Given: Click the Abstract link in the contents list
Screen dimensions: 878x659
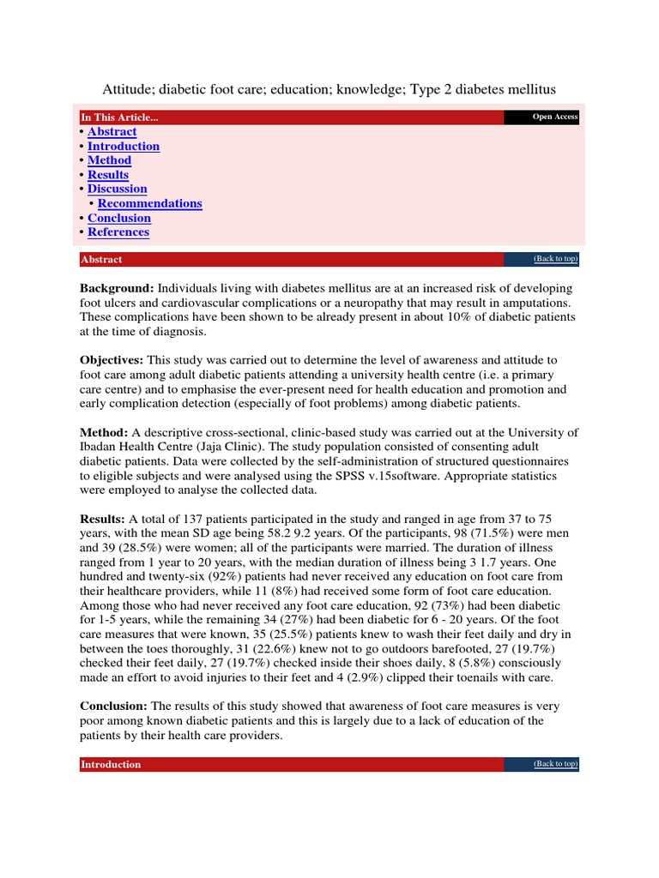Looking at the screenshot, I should tap(112, 132).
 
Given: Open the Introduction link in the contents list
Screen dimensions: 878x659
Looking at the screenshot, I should tap(124, 147).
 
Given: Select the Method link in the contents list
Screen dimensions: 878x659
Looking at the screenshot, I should tap(109, 160).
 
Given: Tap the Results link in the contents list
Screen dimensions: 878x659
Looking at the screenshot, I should tap(108, 175).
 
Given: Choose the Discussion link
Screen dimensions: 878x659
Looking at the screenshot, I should tap(117, 189).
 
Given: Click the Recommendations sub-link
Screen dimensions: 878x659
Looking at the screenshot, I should tap(149, 203).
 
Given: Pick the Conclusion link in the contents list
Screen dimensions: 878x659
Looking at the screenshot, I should tap(118, 218).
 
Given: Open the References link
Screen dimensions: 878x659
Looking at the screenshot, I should tap(118, 232).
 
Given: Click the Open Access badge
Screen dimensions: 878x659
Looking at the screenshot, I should tap(554, 117).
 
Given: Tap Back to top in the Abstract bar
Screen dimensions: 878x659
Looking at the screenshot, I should tap(555, 259).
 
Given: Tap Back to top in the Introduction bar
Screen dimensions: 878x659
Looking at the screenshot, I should tap(555, 764).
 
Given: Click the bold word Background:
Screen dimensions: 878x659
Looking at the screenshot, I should tap(117, 288).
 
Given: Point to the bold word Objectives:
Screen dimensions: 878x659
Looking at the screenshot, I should tap(112, 361).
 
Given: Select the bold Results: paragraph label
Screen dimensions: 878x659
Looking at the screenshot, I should tap(103, 520).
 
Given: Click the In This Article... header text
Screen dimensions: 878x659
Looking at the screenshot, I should tap(119, 117).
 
